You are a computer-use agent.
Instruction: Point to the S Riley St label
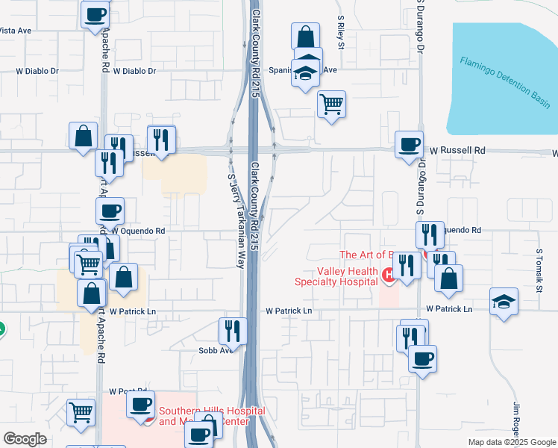pyautogui.click(x=341, y=32)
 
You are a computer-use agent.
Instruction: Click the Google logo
pyautogui.click(x=25, y=438)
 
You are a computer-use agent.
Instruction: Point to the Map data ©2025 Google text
pyautogui.click(x=511, y=442)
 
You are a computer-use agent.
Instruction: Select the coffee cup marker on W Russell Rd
pyautogui.click(x=409, y=144)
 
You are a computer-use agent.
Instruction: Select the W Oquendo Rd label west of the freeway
pyautogui.click(x=139, y=231)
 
